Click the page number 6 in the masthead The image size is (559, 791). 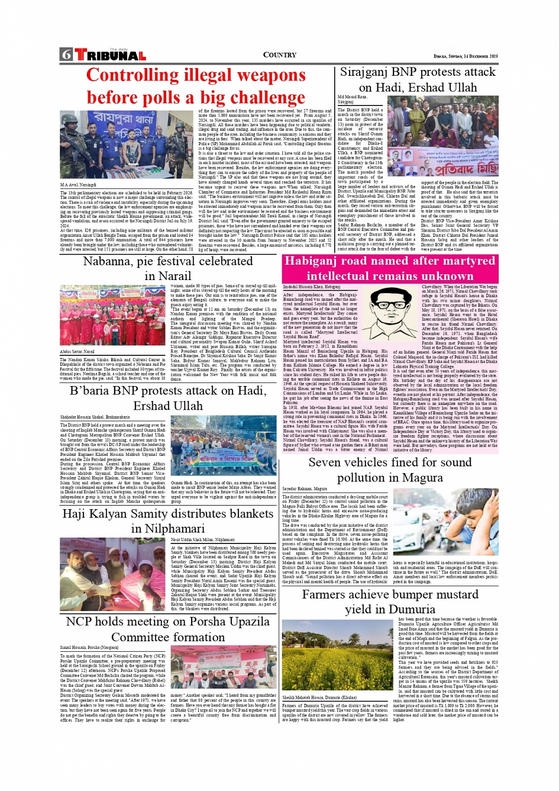tap(66, 55)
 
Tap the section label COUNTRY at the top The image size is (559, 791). tap(279, 55)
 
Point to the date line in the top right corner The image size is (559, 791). tap(466, 56)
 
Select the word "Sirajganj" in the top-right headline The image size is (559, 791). tap(369, 72)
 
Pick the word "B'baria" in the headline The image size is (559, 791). tap(93, 391)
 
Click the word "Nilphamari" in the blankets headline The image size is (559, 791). tap(167, 529)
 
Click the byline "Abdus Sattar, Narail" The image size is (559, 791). tap(77, 352)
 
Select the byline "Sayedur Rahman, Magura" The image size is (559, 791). tap(305, 489)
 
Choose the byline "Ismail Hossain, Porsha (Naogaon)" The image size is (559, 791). tap(89, 648)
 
